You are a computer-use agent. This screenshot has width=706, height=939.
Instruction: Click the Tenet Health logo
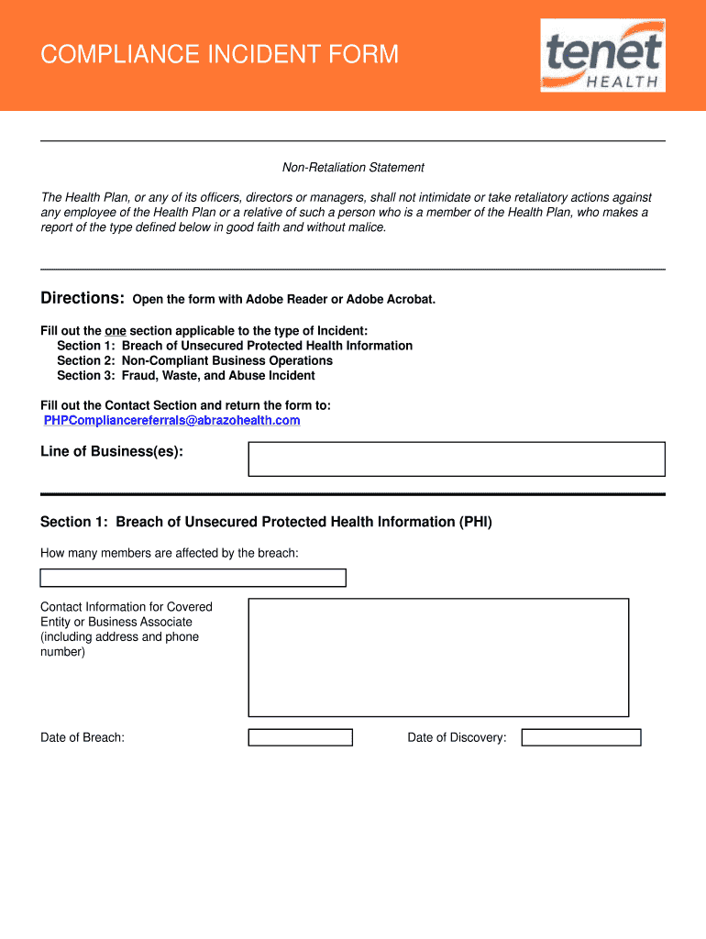click(602, 55)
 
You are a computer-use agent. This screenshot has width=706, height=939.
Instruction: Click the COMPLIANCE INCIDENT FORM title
click(220, 55)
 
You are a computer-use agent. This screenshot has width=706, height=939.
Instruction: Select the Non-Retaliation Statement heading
click(353, 168)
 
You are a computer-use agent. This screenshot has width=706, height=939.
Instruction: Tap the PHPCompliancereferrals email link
click(172, 420)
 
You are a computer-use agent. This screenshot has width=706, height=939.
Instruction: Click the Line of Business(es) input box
click(456, 458)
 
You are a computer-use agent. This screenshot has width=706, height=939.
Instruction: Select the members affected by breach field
click(193, 578)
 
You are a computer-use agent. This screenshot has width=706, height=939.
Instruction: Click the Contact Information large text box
click(438, 657)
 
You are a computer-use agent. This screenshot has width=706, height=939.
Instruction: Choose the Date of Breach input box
click(301, 737)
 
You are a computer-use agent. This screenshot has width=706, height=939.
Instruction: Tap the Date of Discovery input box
click(580, 737)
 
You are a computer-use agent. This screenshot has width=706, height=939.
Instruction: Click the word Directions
click(83, 299)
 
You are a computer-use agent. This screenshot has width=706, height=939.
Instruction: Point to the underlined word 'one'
click(115, 331)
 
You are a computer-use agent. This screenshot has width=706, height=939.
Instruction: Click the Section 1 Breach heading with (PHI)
click(266, 522)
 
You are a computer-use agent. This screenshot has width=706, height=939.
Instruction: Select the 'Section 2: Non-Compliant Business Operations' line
click(194, 360)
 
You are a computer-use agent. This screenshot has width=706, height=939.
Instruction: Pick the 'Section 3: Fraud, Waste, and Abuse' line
click(186, 375)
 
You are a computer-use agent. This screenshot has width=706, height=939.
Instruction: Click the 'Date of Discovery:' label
click(457, 738)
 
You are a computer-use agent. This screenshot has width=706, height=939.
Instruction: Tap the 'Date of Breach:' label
click(83, 738)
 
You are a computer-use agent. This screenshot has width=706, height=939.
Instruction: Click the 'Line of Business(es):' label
click(112, 451)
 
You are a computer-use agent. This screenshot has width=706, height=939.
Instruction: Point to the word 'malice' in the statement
click(366, 227)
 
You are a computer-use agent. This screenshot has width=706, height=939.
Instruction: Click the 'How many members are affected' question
click(170, 553)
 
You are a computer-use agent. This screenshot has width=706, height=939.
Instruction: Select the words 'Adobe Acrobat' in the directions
click(396, 300)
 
